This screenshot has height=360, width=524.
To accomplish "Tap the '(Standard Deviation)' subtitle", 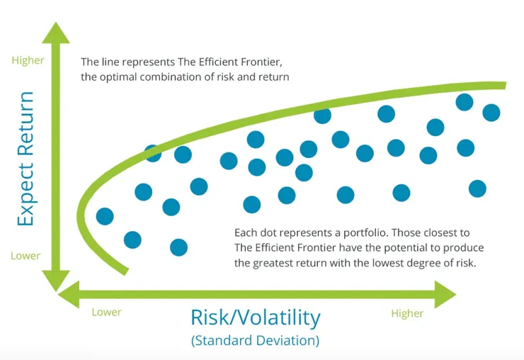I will coord(255,340).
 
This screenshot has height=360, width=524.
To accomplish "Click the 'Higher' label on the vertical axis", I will coord(26,60).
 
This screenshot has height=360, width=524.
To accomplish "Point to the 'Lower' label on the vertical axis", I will coord(25,256).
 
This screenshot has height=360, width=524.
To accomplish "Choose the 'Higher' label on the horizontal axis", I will coord(407,313).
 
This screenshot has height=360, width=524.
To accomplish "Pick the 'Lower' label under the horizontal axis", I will coord(107,312).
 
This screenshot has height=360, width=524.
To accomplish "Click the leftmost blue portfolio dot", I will coord(105,216).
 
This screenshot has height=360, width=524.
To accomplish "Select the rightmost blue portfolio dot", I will coord(491,112).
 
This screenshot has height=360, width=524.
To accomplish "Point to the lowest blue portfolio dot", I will coord(178,247).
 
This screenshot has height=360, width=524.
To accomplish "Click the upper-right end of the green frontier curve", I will coord(503,86).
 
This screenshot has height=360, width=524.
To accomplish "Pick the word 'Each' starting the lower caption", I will coord(245,232).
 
